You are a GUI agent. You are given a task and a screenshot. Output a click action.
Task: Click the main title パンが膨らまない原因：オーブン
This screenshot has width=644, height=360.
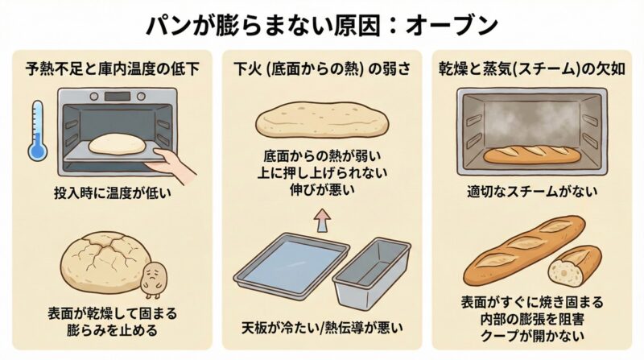[x=322, y=25]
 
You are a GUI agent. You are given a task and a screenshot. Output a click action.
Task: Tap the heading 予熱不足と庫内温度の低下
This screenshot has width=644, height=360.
[x=111, y=68]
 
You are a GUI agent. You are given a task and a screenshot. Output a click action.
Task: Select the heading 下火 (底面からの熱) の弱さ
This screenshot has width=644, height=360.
[x=322, y=68]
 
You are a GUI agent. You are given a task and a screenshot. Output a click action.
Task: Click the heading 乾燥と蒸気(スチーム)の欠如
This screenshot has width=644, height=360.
[x=532, y=68]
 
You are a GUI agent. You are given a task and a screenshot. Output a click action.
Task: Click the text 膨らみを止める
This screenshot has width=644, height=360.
[x=111, y=330]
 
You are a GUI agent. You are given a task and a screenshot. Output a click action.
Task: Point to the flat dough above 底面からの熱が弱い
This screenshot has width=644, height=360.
[x=322, y=121]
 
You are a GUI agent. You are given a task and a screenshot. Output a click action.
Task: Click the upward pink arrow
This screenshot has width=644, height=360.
[x=321, y=217]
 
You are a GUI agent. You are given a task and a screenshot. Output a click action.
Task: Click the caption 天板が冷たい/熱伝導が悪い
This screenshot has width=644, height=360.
[x=322, y=328]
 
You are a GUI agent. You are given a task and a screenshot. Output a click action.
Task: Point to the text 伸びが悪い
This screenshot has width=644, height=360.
[x=322, y=191]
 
